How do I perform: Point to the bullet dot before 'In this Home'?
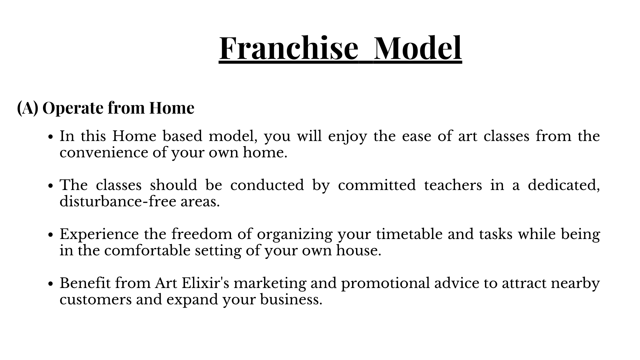point(51,137)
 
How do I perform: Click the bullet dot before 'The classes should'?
point(51,186)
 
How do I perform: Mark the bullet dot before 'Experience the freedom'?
point(51,235)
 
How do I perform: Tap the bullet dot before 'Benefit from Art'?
point(51,284)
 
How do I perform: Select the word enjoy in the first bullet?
point(347,137)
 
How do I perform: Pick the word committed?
point(377,185)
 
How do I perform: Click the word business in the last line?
point(291,299)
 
